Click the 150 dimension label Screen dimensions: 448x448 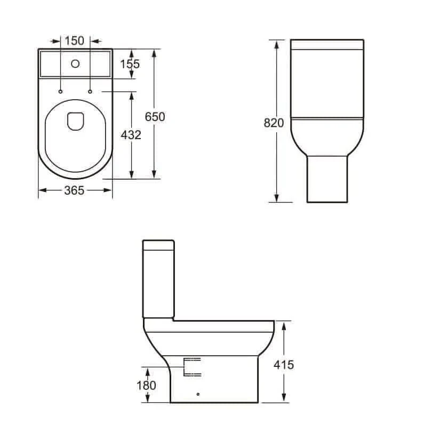tap(75, 41)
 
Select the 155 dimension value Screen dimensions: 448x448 tap(130, 64)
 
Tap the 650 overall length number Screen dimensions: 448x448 tap(155, 117)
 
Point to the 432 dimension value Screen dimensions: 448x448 tap(131, 135)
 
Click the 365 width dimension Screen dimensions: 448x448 tap(74, 190)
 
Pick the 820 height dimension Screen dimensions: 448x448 tap(274, 123)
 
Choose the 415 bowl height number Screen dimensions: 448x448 tap(284, 365)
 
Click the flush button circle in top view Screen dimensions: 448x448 tap(75, 65)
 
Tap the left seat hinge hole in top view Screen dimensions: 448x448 tap(61, 92)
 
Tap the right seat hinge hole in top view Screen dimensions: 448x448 tap(90, 92)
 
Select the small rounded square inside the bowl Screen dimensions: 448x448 tap(75, 121)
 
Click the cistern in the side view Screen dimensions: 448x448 tap(158, 277)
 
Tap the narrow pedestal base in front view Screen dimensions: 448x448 tap(327, 179)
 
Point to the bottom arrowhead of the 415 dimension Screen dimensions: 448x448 tap(284, 398)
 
